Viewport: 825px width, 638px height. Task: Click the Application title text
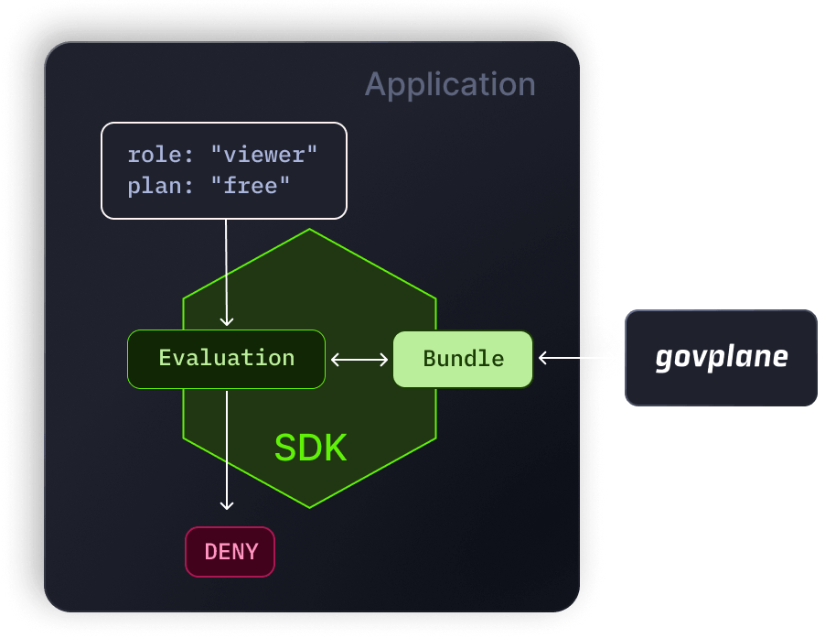click(x=450, y=84)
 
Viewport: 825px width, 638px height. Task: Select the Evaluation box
click(x=226, y=358)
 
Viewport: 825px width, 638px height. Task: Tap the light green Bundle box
click(x=463, y=359)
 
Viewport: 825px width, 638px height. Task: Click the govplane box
click(x=721, y=357)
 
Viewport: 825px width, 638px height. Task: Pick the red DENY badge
click(x=230, y=552)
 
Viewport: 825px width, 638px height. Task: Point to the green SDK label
click(x=310, y=448)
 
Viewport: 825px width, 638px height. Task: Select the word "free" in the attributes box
click(x=251, y=187)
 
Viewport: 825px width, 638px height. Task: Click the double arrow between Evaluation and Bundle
click(x=359, y=360)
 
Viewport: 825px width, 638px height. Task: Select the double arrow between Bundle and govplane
click(x=578, y=359)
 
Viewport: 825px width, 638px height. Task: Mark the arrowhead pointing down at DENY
click(x=227, y=504)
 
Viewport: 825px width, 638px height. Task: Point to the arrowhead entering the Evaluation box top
click(x=227, y=321)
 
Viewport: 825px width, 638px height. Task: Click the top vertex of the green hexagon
click(x=310, y=229)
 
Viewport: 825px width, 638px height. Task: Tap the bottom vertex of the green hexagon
click(x=310, y=508)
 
